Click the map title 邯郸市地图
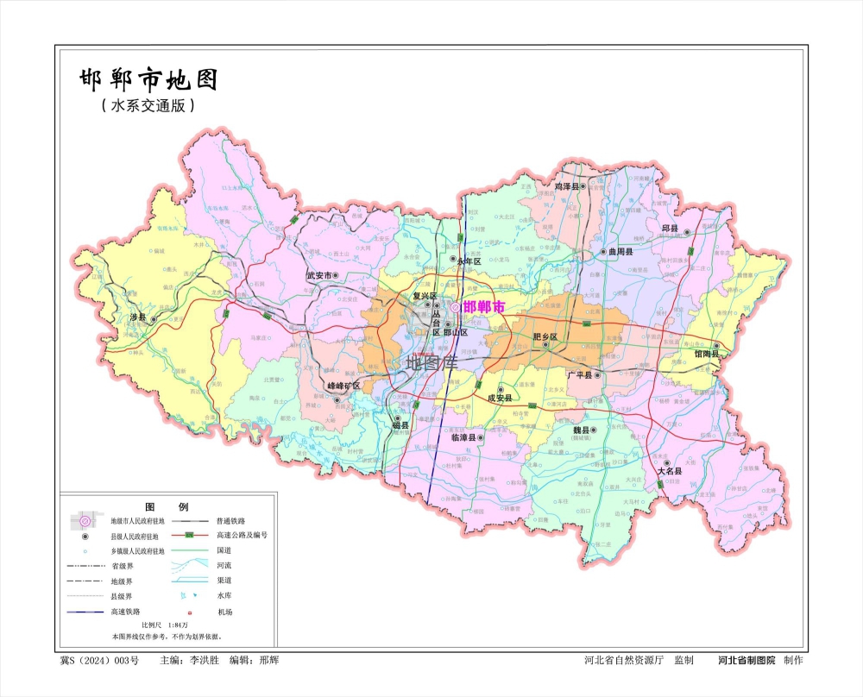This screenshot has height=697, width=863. coord(147,80)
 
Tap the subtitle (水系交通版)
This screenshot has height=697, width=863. coord(147,106)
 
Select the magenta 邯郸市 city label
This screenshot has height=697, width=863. coord(483,307)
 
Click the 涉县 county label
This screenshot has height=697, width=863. coord(137,318)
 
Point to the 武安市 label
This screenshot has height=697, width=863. coord(319,276)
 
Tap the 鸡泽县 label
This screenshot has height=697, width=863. coord(566,185)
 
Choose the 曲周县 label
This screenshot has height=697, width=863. coord(620,252)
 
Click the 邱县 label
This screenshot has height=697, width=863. coord(670,229)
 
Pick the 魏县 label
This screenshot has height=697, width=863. coord(581,430)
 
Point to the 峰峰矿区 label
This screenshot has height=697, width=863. coord(343,385)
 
